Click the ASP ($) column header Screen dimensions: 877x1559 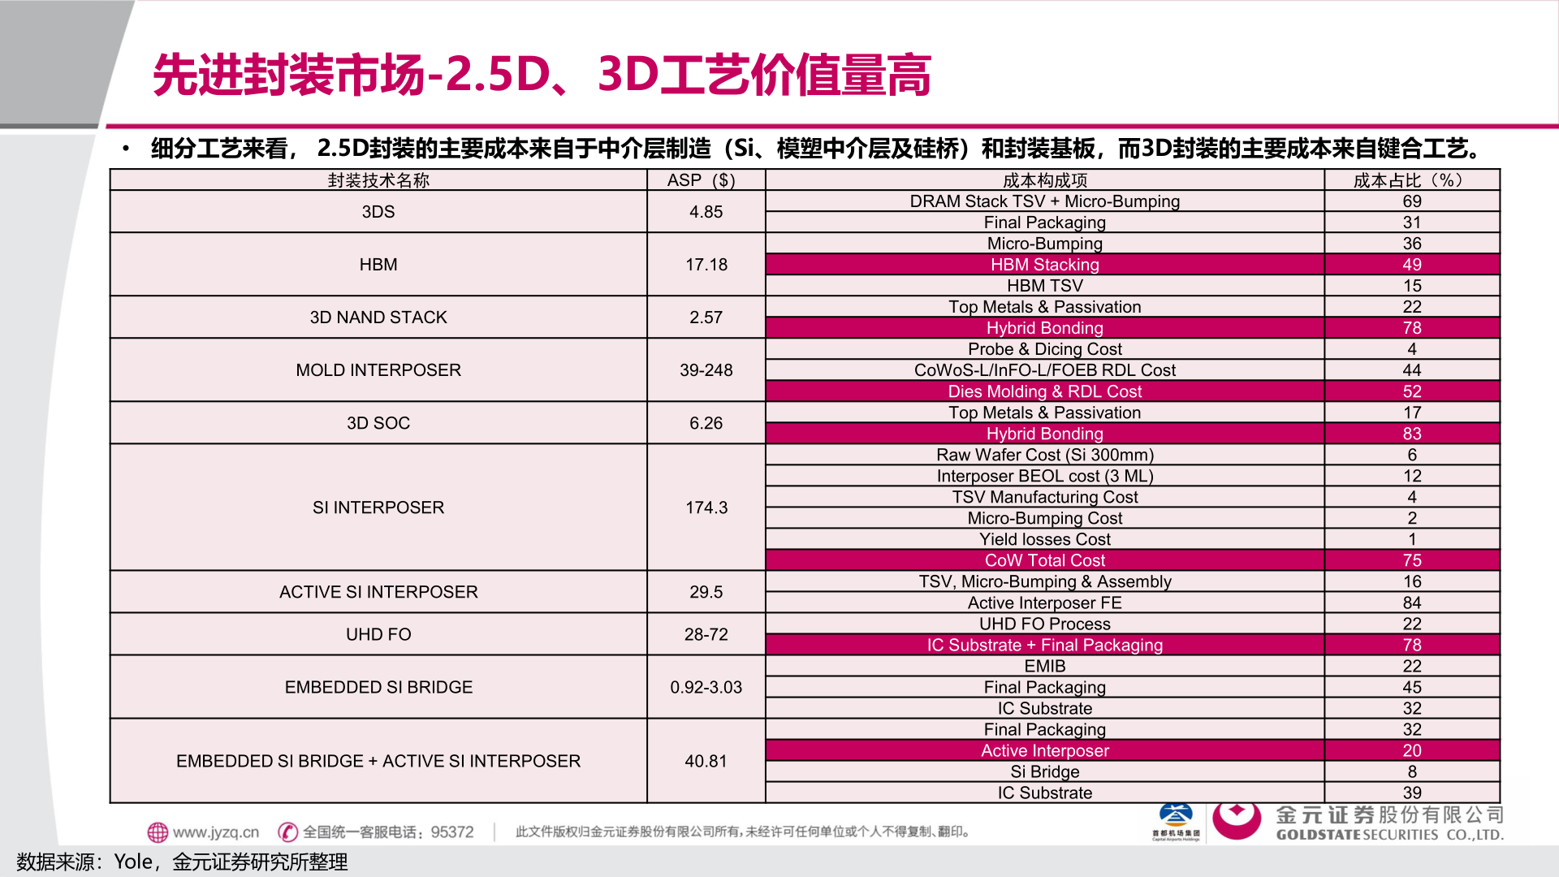coord(702,180)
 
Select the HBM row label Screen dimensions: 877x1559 coord(378,265)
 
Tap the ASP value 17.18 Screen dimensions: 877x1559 coord(706,265)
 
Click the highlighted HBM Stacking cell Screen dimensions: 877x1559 coord(1044,265)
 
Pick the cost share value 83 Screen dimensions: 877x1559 coord(1412,434)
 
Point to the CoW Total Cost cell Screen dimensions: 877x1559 coord(1044,560)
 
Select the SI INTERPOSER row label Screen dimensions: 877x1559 coord(378,508)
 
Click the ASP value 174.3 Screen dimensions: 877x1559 coord(706,508)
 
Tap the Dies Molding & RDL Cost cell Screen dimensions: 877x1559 coord(1044,391)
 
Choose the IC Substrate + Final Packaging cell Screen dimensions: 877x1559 coord(1044,645)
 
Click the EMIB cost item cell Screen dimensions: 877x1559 coord(1044,666)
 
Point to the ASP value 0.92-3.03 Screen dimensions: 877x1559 coord(706,687)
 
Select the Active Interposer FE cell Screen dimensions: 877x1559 coord(1044,603)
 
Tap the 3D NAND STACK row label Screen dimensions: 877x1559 coord(378,318)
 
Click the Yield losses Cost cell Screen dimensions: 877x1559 coord(1044,539)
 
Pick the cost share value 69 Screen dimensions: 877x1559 coord(1412,201)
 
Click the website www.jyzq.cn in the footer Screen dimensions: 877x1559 coord(215,832)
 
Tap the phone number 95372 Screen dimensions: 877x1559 coord(452,832)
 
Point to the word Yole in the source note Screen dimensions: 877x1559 coord(133,862)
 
